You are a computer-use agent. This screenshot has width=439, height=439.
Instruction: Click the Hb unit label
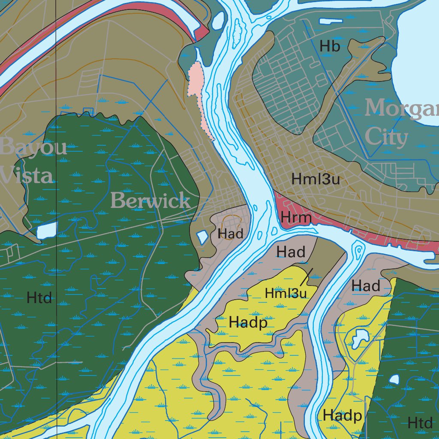(x=330, y=46)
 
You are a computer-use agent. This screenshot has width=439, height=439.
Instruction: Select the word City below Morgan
(x=386, y=138)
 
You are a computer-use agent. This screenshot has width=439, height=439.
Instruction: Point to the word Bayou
(x=33, y=147)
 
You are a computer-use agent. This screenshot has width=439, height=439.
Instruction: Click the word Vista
(x=27, y=175)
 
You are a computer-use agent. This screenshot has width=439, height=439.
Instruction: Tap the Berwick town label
(x=150, y=201)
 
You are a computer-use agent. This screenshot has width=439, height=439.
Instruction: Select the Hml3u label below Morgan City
(x=316, y=179)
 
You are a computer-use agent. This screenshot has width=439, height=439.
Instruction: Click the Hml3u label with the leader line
(x=286, y=294)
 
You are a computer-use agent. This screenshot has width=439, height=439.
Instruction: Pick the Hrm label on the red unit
(x=296, y=218)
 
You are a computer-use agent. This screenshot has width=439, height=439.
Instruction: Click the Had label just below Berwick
(x=231, y=234)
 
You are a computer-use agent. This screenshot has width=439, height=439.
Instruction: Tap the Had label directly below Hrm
(x=291, y=252)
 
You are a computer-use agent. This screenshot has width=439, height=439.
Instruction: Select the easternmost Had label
(x=366, y=286)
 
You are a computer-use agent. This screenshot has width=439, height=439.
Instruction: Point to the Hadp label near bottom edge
(x=342, y=415)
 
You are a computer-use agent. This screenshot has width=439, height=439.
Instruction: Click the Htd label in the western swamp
(x=39, y=298)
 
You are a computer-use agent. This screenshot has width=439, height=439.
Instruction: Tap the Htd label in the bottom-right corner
(x=420, y=423)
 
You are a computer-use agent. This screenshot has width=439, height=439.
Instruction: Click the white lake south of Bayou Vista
(x=47, y=231)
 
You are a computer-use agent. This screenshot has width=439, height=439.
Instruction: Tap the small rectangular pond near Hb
(x=328, y=21)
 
